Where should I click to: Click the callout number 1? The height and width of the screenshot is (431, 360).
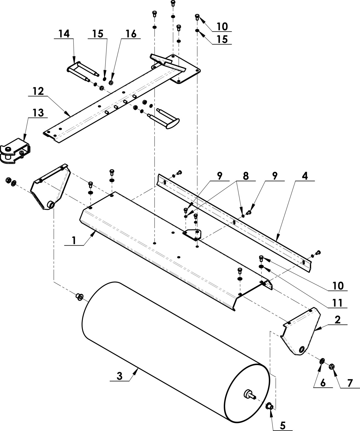click(x=74, y=240)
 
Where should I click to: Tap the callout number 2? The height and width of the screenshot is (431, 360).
click(x=337, y=320)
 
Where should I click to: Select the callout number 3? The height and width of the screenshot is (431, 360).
click(x=120, y=376)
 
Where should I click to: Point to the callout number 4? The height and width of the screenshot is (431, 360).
click(x=305, y=176)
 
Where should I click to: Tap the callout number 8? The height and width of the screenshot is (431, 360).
click(x=246, y=176)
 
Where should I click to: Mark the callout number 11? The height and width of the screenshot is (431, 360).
click(x=337, y=303)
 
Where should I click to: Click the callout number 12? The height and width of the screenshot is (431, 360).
click(x=38, y=91)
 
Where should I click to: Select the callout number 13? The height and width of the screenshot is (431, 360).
click(x=38, y=113)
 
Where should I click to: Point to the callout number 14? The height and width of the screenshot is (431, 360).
click(x=64, y=34)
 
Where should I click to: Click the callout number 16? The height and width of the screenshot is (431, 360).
click(x=131, y=34)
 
